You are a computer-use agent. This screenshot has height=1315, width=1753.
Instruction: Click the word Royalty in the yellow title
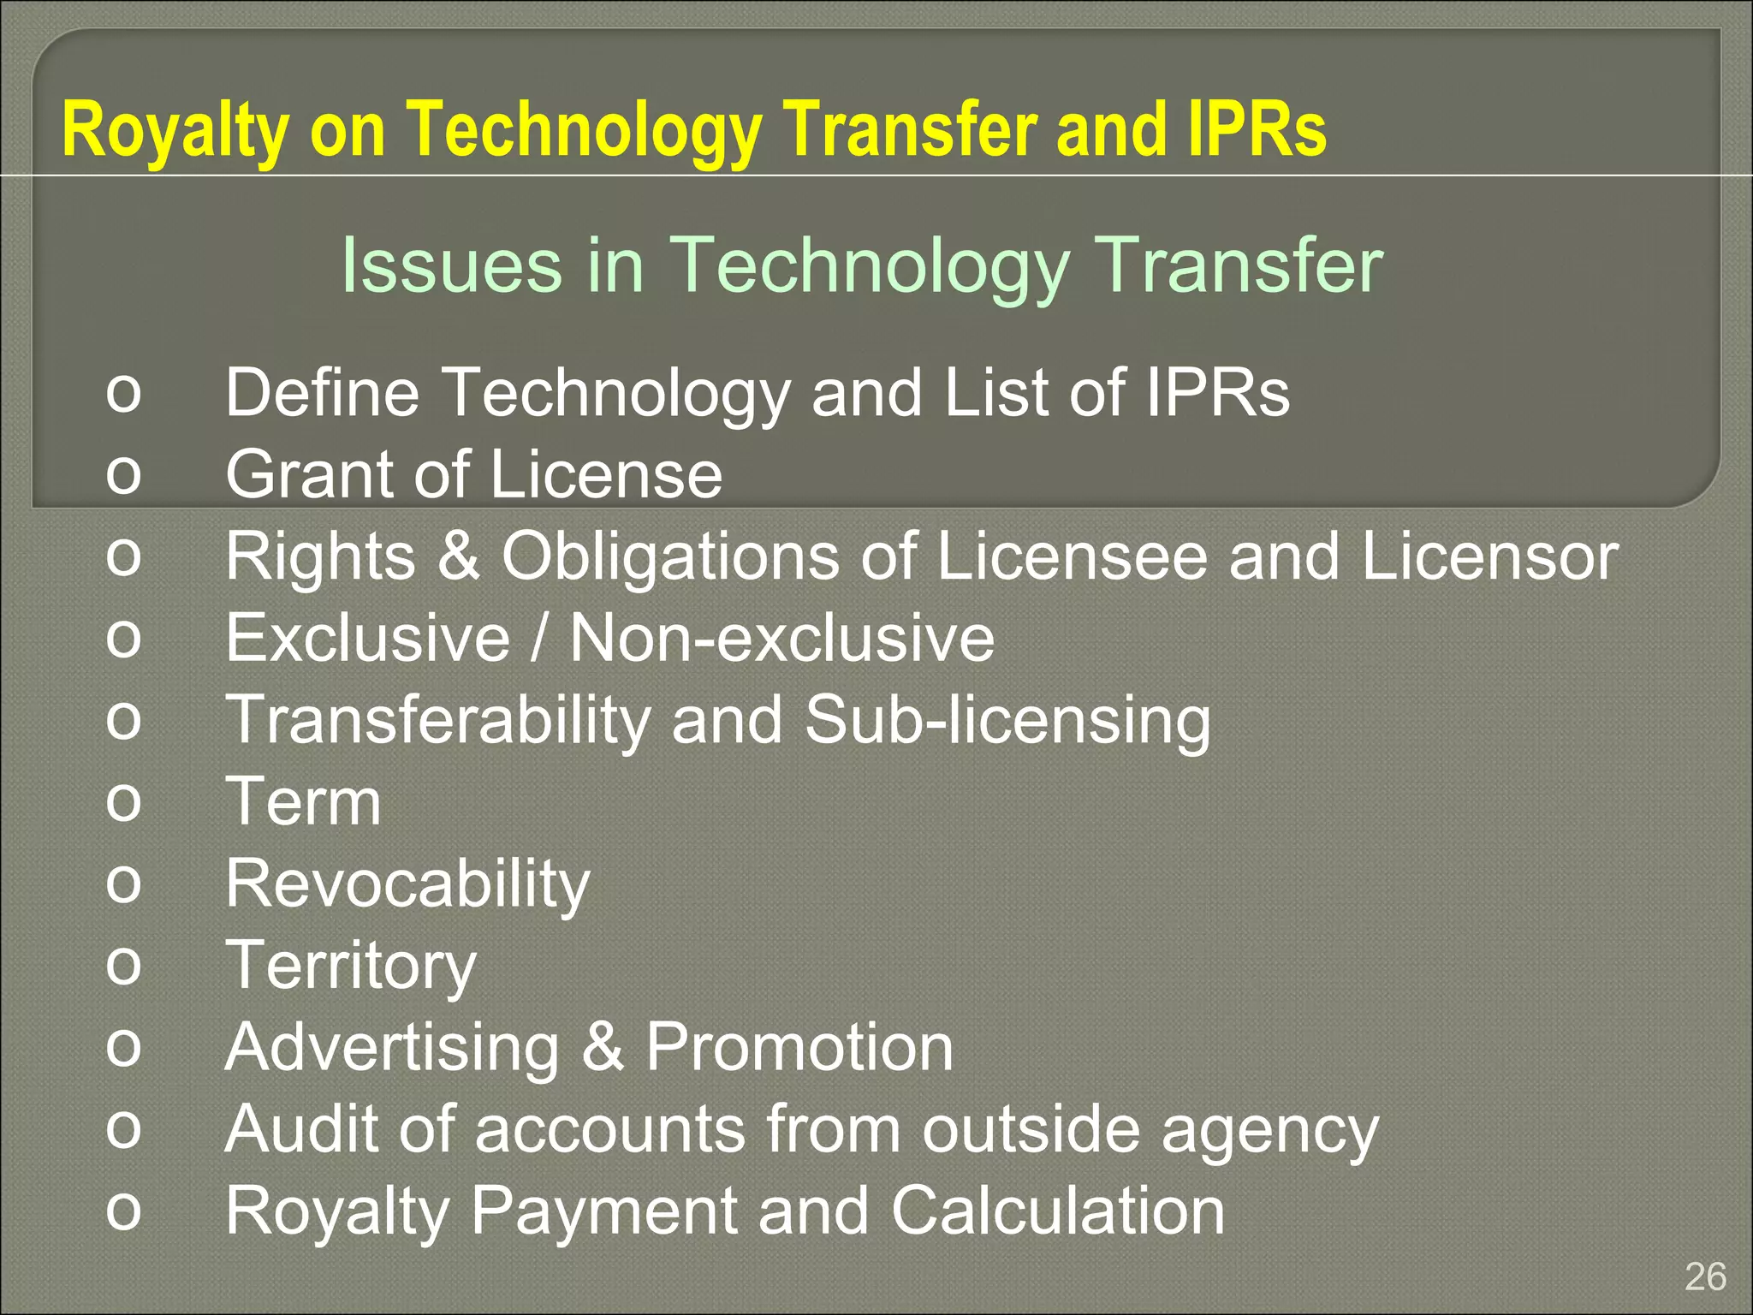pos(175,130)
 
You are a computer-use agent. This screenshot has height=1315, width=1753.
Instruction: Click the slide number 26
pos(1705,1276)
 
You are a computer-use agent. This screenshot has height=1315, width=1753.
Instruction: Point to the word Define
pos(322,392)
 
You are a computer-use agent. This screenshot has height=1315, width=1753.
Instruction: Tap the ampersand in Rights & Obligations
pos(458,556)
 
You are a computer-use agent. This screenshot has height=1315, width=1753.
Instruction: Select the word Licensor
pos(1489,556)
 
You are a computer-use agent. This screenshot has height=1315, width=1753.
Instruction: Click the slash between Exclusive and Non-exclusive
pos(538,638)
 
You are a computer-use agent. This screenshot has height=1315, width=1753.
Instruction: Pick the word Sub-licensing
pos(1007,720)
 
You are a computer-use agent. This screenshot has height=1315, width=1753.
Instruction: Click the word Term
pos(303,802)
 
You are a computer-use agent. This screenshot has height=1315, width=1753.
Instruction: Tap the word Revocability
pos(407,884)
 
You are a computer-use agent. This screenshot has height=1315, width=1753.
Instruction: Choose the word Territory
pos(350,966)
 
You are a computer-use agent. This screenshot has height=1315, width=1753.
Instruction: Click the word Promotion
pos(799,1047)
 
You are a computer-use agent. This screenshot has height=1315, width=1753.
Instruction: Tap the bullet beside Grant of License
pos(123,474)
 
